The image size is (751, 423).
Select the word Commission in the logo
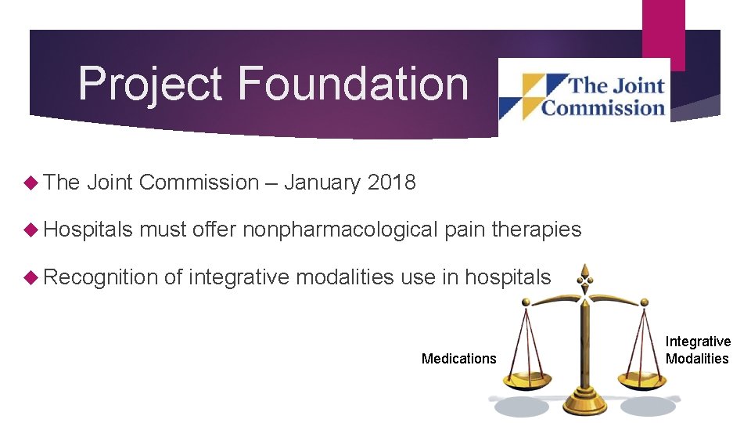[603, 107]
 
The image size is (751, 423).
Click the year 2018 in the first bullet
[391, 183]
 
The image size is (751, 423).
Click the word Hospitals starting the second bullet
[88, 230]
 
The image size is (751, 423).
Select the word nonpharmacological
[340, 230]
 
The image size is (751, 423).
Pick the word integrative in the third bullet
[237, 277]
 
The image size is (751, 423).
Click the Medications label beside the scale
[458, 359]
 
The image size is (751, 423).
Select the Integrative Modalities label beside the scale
[698, 350]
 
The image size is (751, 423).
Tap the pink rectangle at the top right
[663, 31]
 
